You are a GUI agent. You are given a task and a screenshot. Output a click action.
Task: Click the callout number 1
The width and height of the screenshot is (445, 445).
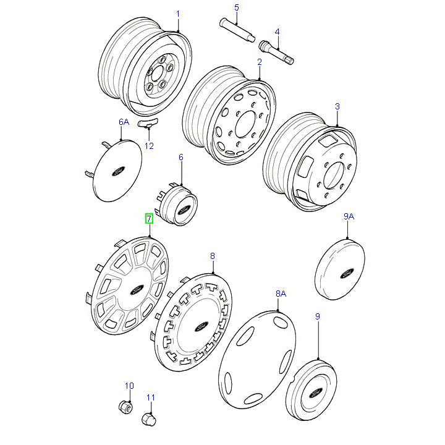178,14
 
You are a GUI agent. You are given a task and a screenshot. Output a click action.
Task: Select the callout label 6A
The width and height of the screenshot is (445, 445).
124,122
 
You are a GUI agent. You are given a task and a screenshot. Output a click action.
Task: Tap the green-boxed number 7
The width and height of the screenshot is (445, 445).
148,219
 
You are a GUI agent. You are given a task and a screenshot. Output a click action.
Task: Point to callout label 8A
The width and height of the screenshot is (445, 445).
281,294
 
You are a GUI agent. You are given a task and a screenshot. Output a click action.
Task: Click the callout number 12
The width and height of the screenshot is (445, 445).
149,146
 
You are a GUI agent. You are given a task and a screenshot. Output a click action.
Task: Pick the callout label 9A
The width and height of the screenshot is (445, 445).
349,217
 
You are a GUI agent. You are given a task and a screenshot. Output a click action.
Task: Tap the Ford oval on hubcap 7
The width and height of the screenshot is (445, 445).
137,288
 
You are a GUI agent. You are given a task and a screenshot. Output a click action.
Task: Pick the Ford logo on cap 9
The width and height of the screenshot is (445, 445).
313,392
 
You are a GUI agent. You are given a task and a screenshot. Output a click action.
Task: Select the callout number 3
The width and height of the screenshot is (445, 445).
337,107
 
